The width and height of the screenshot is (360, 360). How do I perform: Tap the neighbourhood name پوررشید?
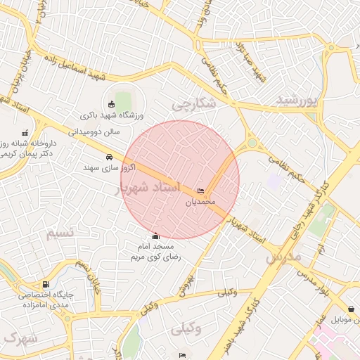(298, 101)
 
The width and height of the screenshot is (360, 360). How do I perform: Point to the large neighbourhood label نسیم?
(61, 233)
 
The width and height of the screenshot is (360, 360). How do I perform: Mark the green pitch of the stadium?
(124, 98)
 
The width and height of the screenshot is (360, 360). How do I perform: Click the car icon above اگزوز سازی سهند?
(109, 157)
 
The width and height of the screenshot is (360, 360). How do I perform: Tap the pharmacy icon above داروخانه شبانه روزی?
(26, 133)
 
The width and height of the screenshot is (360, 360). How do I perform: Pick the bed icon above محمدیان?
(202, 191)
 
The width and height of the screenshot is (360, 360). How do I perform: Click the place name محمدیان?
(198, 202)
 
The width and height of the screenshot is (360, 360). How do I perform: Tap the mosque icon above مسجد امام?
(156, 236)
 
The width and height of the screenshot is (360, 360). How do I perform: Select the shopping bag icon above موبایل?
(351, 309)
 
